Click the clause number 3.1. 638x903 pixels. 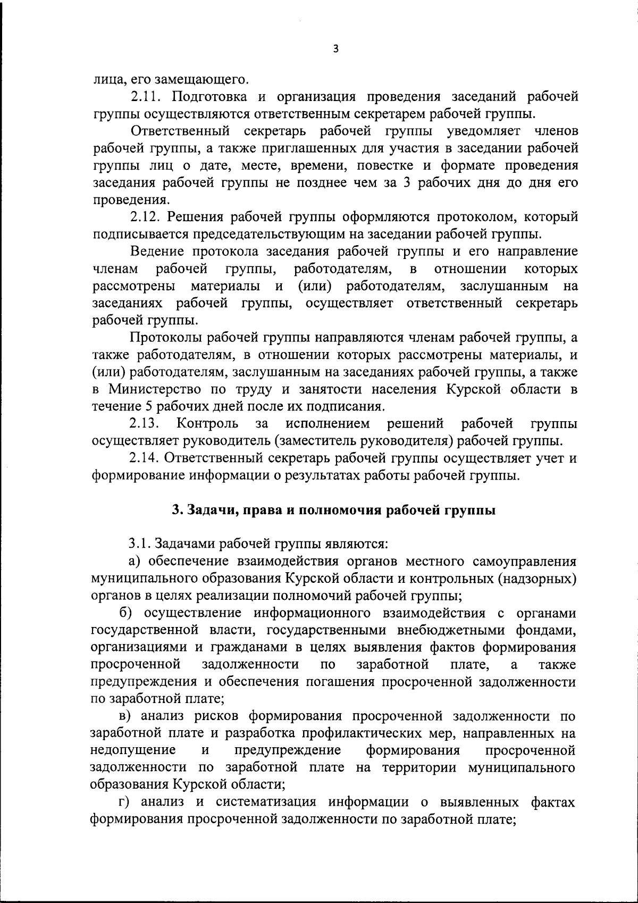tap(140, 544)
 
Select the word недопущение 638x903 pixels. tap(133, 751)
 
